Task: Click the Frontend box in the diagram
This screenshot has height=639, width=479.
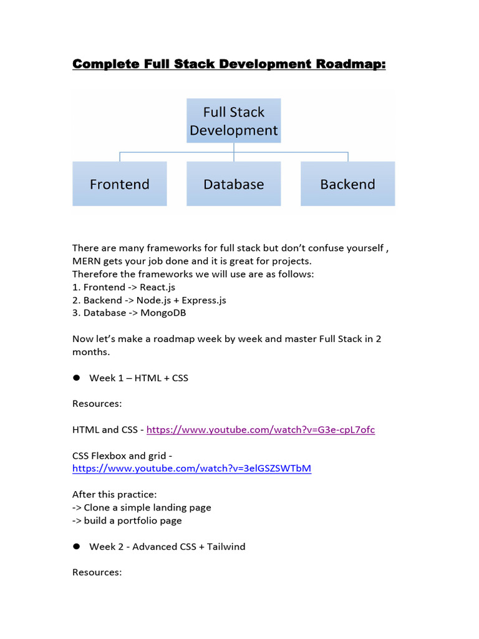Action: click(x=120, y=184)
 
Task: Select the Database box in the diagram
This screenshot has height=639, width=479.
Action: click(x=233, y=184)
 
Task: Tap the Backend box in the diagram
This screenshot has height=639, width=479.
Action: click(x=347, y=184)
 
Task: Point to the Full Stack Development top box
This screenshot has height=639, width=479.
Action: click(x=233, y=121)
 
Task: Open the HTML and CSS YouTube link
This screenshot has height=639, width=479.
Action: click(x=261, y=430)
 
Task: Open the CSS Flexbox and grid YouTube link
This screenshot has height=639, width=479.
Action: click(x=191, y=469)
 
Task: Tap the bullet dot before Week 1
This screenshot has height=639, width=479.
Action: click(x=77, y=378)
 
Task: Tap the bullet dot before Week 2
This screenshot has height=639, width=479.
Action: click(x=77, y=546)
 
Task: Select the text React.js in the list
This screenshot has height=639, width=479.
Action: click(x=157, y=287)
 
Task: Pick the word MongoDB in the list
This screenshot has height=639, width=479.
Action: click(x=163, y=313)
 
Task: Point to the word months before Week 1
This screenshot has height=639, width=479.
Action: click(x=91, y=352)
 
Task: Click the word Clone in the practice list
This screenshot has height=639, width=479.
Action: click(x=97, y=507)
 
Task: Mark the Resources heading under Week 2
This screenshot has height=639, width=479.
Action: click(x=97, y=572)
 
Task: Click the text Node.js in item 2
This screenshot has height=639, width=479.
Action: click(x=153, y=300)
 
